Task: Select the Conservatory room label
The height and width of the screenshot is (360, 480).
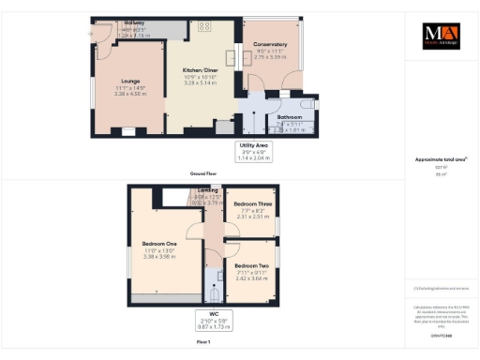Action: pos(271,44)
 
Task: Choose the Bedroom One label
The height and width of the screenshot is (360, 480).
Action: pos(153,245)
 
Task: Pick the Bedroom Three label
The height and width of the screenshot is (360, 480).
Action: pos(252,203)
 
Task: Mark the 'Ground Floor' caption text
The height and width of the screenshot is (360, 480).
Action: pos(202,173)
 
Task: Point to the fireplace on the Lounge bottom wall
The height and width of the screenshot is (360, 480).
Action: pos(127,131)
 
